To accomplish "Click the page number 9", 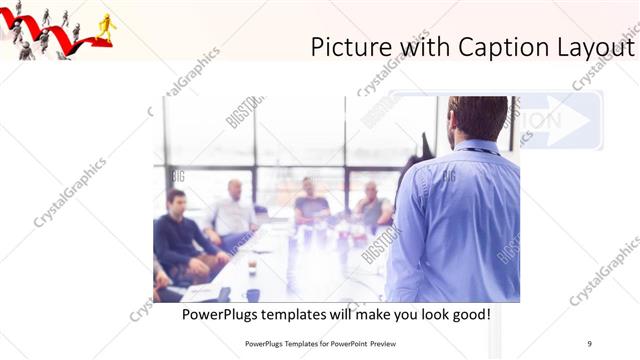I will (589, 344).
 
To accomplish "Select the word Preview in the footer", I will (394, 344).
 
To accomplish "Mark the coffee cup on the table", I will (252, 267).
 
